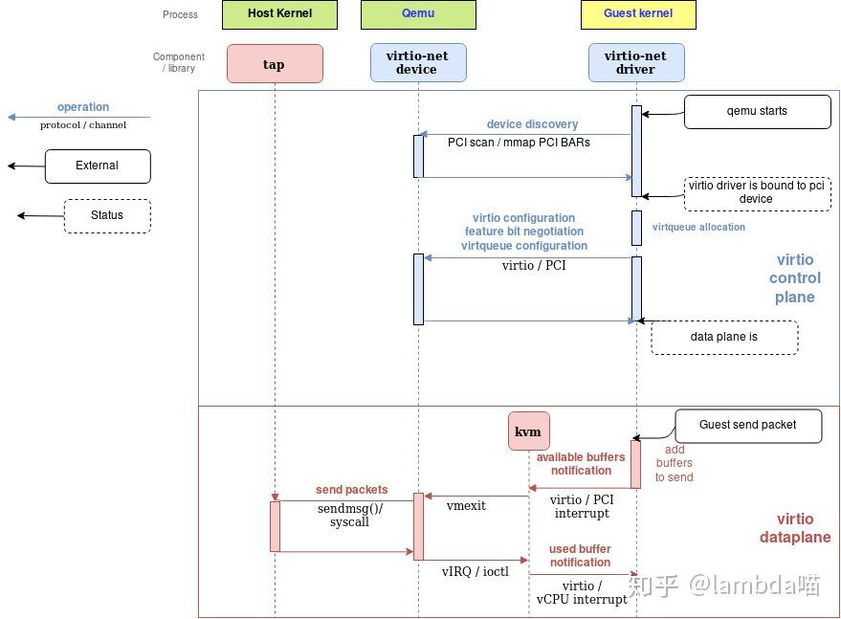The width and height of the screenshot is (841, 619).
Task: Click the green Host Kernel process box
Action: point(279,14)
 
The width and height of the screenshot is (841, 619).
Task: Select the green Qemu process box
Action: point(418,14)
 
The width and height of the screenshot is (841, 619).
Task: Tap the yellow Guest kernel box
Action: point(638,14)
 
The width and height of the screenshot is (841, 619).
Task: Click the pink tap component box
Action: point(275,64)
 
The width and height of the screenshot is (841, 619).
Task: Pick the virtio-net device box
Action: point(418,63)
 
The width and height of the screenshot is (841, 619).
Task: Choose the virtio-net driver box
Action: point(636,63)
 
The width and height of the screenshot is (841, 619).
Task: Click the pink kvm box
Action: point(529,431)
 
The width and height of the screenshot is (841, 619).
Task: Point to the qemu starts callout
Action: point(758,112)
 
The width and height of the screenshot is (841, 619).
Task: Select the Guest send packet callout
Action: point(748,426)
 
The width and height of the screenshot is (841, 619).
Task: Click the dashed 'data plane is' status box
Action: point(724,338)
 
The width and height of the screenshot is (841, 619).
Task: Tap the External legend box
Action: point(98,166)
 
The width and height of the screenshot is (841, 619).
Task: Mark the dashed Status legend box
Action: point(107,216)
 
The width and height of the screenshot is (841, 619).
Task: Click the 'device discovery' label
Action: point(532,124)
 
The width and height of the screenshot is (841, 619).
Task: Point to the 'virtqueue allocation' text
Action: point(698,228)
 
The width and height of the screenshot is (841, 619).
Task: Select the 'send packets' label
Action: point(351,490)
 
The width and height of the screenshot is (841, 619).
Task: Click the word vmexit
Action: point(466,506)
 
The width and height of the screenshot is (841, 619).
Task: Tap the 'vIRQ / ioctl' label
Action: point(476,572)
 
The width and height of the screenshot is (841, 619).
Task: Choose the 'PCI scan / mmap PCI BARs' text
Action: point(519,143)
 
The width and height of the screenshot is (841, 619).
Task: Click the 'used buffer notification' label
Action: point(580,556)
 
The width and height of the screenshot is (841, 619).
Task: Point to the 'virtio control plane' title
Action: point(795,278)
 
